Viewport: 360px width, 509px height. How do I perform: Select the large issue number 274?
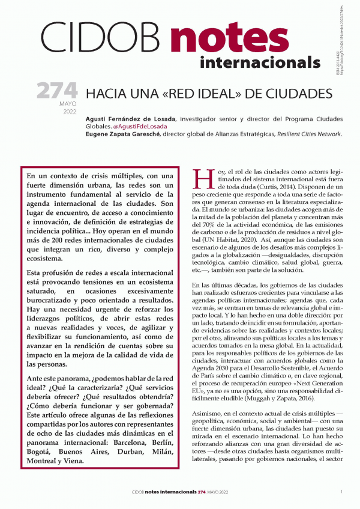click(56, 91)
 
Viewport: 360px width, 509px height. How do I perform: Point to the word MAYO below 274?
click(67, 104)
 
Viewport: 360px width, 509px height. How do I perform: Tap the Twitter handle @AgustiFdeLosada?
click(140, 126)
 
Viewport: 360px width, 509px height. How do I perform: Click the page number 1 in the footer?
click(341, 492)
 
